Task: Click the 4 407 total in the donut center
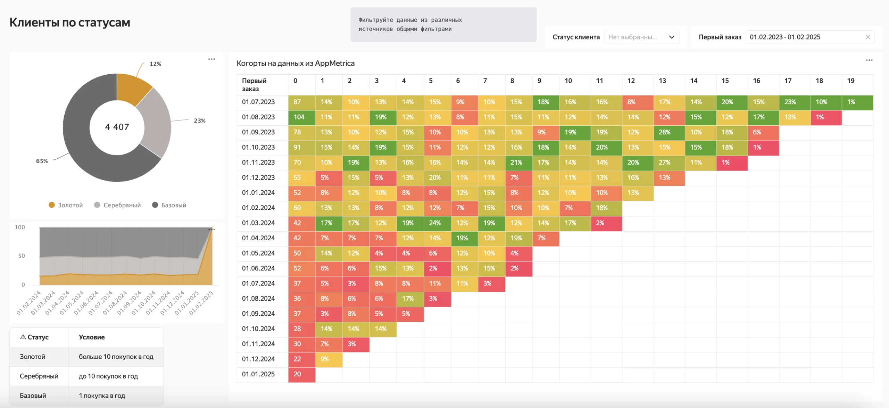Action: pos(117,127)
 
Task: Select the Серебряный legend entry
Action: pos(118,205)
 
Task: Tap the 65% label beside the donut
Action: pos(42,161)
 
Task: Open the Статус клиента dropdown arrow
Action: pos(672,37)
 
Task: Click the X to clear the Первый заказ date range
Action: pos(868,37)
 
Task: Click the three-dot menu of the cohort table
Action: pos(869,60)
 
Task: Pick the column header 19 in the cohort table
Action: pos(851,81)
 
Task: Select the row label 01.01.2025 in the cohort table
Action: pos(258,374)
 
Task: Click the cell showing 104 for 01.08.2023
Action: pos(302,117)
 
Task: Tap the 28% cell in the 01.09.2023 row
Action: pos(669,133)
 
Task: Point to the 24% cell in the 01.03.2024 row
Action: pos(437,223)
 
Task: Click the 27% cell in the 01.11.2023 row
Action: pos(669,163)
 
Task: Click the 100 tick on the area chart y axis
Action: pos(20,227)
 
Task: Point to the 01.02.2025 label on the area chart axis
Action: pos(201,303)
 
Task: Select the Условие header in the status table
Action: pos(92,337)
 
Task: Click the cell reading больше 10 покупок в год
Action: pos(116,357)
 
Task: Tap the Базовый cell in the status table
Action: pos(33,395)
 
